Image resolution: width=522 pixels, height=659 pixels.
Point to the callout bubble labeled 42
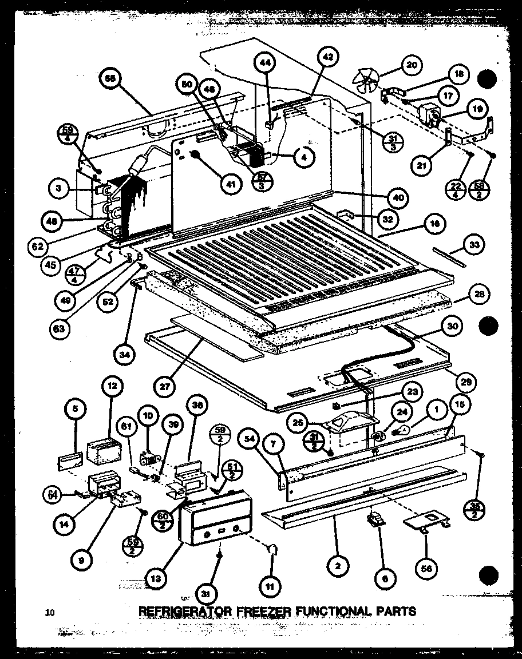point(327,58)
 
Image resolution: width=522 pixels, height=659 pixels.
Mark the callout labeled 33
point(474,245)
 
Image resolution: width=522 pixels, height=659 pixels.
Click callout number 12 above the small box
point(113,386)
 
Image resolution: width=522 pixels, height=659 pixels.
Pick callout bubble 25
point(313,422)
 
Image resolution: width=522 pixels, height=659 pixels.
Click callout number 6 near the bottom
point(385,578)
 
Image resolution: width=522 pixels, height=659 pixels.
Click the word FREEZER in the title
point(260,611)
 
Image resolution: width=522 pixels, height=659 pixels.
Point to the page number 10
point(50,613)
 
